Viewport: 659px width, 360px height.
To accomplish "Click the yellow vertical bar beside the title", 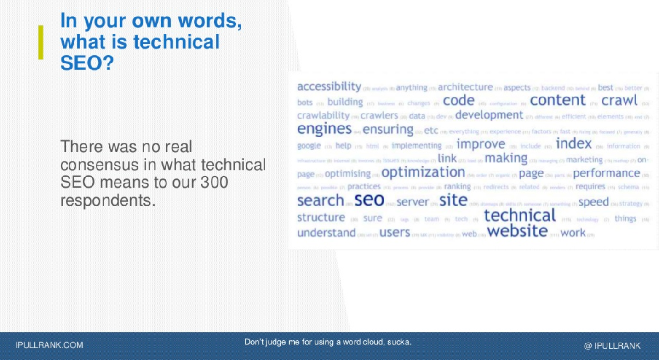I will coord(41,42).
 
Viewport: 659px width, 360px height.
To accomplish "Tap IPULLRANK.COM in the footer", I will coord(49,345).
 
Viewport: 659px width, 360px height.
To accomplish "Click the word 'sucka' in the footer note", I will coord(398,342).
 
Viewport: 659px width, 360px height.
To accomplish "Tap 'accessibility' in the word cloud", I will coord(329,86).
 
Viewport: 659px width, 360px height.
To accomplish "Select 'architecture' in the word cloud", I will coord(465,87).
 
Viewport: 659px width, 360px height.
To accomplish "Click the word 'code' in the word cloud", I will coord(458,101).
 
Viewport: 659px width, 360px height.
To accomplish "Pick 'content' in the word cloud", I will coord(558,100).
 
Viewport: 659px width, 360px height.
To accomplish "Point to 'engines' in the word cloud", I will coord(324,129).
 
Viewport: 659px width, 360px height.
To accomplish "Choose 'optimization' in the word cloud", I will coord(423,172).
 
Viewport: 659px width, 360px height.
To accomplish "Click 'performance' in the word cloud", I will coord(606,173).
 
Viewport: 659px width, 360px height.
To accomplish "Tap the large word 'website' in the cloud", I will coord(517,231).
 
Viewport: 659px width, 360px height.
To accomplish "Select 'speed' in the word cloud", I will coord(593,202).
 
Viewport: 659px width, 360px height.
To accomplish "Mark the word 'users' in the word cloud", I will coord(395,233).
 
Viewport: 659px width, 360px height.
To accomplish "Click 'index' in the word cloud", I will coord(573,144).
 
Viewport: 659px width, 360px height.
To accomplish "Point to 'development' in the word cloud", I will coord(489,115).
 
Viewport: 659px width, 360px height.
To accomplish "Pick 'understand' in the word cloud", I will coord(327,233).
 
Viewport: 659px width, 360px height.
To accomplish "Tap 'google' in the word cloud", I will coord(309,146).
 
